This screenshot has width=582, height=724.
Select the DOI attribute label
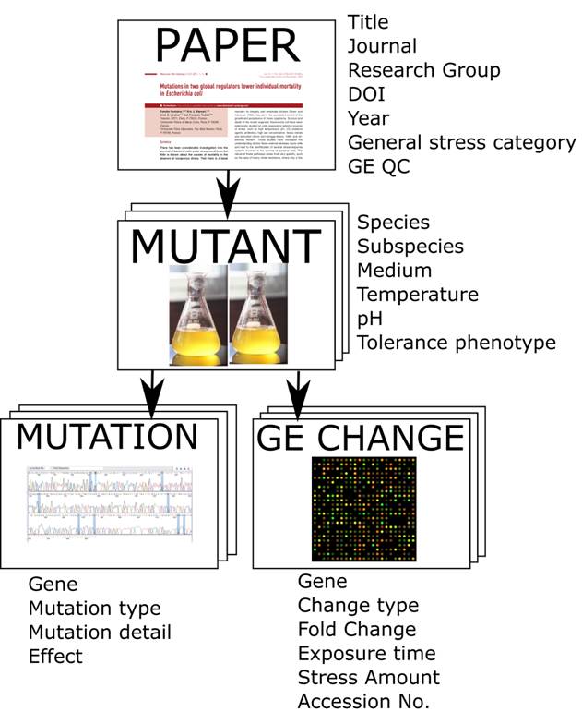click(x=367, y=94)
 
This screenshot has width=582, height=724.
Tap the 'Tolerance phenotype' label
click(x=457, y=343)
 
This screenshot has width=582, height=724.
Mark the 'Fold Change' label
click(x=357, y=630)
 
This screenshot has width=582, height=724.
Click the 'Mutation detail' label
click(x=100, y=633)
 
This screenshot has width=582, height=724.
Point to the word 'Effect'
click(x=55, y=657)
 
